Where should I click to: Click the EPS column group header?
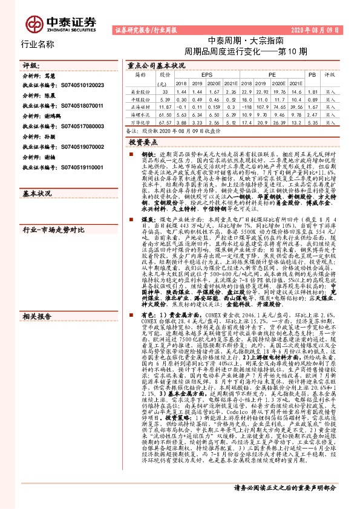[x=198, y=75]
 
